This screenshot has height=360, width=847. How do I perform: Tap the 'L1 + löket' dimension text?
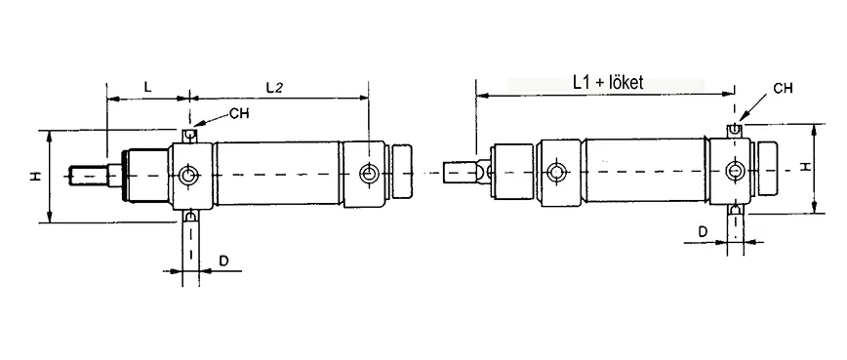(x=605, y=83)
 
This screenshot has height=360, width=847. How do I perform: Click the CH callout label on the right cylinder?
(x=782, y=88)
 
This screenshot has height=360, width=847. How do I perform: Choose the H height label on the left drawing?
(x=34, y=177)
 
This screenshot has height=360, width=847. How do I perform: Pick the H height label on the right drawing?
(x=805, y=167)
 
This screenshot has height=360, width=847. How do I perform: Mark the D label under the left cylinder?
(x=223, y=262)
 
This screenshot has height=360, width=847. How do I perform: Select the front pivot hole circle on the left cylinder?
(x=189, y=176)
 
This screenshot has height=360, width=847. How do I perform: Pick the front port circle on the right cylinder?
(x=556, y=174)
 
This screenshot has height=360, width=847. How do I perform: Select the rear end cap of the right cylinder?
(x=766, y=171)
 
